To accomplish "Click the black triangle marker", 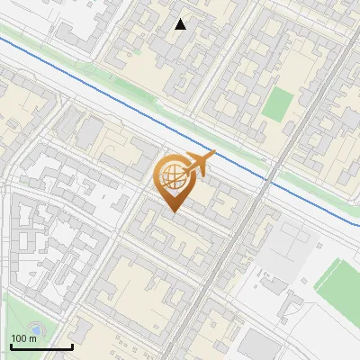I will coord(181,24).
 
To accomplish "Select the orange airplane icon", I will coord(199,164).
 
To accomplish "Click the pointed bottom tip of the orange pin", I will coord(172,211).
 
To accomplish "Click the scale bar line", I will coord(40,346).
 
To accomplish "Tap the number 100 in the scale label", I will coord(19,338).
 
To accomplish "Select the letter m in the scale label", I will coord(32,338).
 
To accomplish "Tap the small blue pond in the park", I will coord(34,329).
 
